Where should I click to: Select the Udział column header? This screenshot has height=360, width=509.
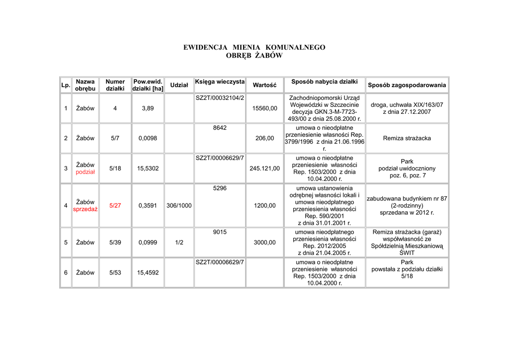(x=179, y=85)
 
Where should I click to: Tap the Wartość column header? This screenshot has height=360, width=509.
(x=264, y=85)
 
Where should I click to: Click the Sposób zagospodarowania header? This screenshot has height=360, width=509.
(x=407, y=85)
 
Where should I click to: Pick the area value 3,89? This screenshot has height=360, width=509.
(x=148, y=108)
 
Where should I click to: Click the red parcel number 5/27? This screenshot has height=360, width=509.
(x=115, y=206)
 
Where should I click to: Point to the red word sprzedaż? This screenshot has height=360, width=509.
(x=85, y=209)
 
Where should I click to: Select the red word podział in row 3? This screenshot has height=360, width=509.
(x=85, y=172)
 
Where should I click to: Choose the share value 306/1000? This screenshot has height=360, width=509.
(x=179, y=206)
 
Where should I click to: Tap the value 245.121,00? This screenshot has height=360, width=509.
(x=264, y=169)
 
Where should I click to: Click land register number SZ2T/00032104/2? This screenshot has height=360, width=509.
(x=220, y=98)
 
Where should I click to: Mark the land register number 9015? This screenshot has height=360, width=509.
(x=220, y=232)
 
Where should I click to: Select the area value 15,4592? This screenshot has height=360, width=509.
(x=148, y=272)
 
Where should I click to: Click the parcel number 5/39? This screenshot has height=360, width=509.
(x=115, y=243)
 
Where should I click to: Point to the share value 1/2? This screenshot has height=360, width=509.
(x=179, y=243)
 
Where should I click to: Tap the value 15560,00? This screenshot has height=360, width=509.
(x=264, y=108)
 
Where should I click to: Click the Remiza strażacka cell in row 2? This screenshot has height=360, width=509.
(x=407, y=138)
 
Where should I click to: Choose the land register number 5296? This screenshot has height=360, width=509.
(x=220, y=188)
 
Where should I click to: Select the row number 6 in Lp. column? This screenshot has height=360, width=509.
(x=66, y=272)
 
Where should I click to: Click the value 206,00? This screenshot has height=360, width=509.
(x=264, y=138)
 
